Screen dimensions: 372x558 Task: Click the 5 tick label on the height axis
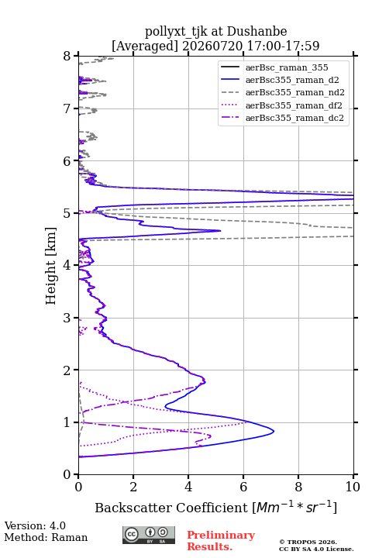67,213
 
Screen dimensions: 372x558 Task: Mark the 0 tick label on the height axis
67,474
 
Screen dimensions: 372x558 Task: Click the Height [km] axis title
50,266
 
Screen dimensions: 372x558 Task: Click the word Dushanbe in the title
257,32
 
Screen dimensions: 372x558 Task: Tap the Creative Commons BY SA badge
149,535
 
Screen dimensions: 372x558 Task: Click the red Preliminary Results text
221,541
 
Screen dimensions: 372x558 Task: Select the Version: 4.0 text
35,525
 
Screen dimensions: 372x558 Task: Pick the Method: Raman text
46,537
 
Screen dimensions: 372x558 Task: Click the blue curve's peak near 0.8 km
274,432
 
